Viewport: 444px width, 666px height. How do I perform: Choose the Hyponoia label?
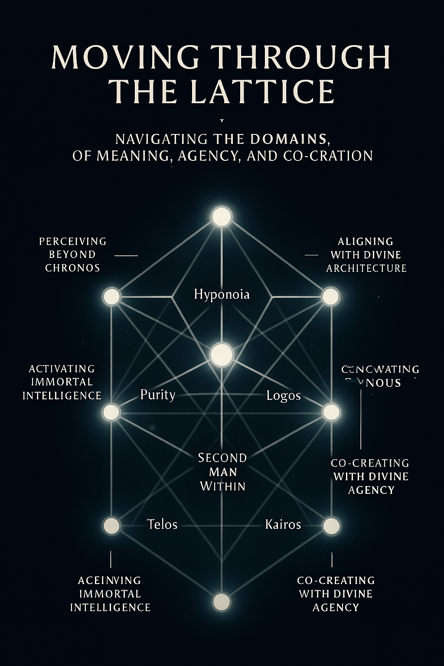pyautogui.click(x=222, y=294)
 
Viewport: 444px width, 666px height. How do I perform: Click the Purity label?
pyautogui.click(x=158, y=395)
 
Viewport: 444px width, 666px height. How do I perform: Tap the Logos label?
pyautogui.click(x=284, y=395)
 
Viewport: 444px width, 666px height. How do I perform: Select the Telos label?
pyautogui.click(x=162, y=524)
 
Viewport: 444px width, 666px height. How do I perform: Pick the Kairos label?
pyautogui.click(x=283, y=524)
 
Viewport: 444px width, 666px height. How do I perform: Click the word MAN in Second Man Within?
pyautogui.click(x=222, y=472)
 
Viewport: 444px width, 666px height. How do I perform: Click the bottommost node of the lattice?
pyautogui.click(x=222, y=602)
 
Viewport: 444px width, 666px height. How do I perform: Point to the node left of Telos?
pyautogui.click(x=111, y=525)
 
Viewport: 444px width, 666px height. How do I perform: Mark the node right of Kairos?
pyautogui.click(x=331, y=525)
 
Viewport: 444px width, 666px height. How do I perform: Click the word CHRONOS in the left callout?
pyautogui.click(x=73, y=268)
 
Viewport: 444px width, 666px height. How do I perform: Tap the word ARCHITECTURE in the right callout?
pyautogui.click(x=366, y=268)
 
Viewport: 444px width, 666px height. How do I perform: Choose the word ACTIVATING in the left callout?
pyautogui.click(x=62, y=369)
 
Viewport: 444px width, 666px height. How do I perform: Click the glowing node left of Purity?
pyautogui.click(x=111, y=411)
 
